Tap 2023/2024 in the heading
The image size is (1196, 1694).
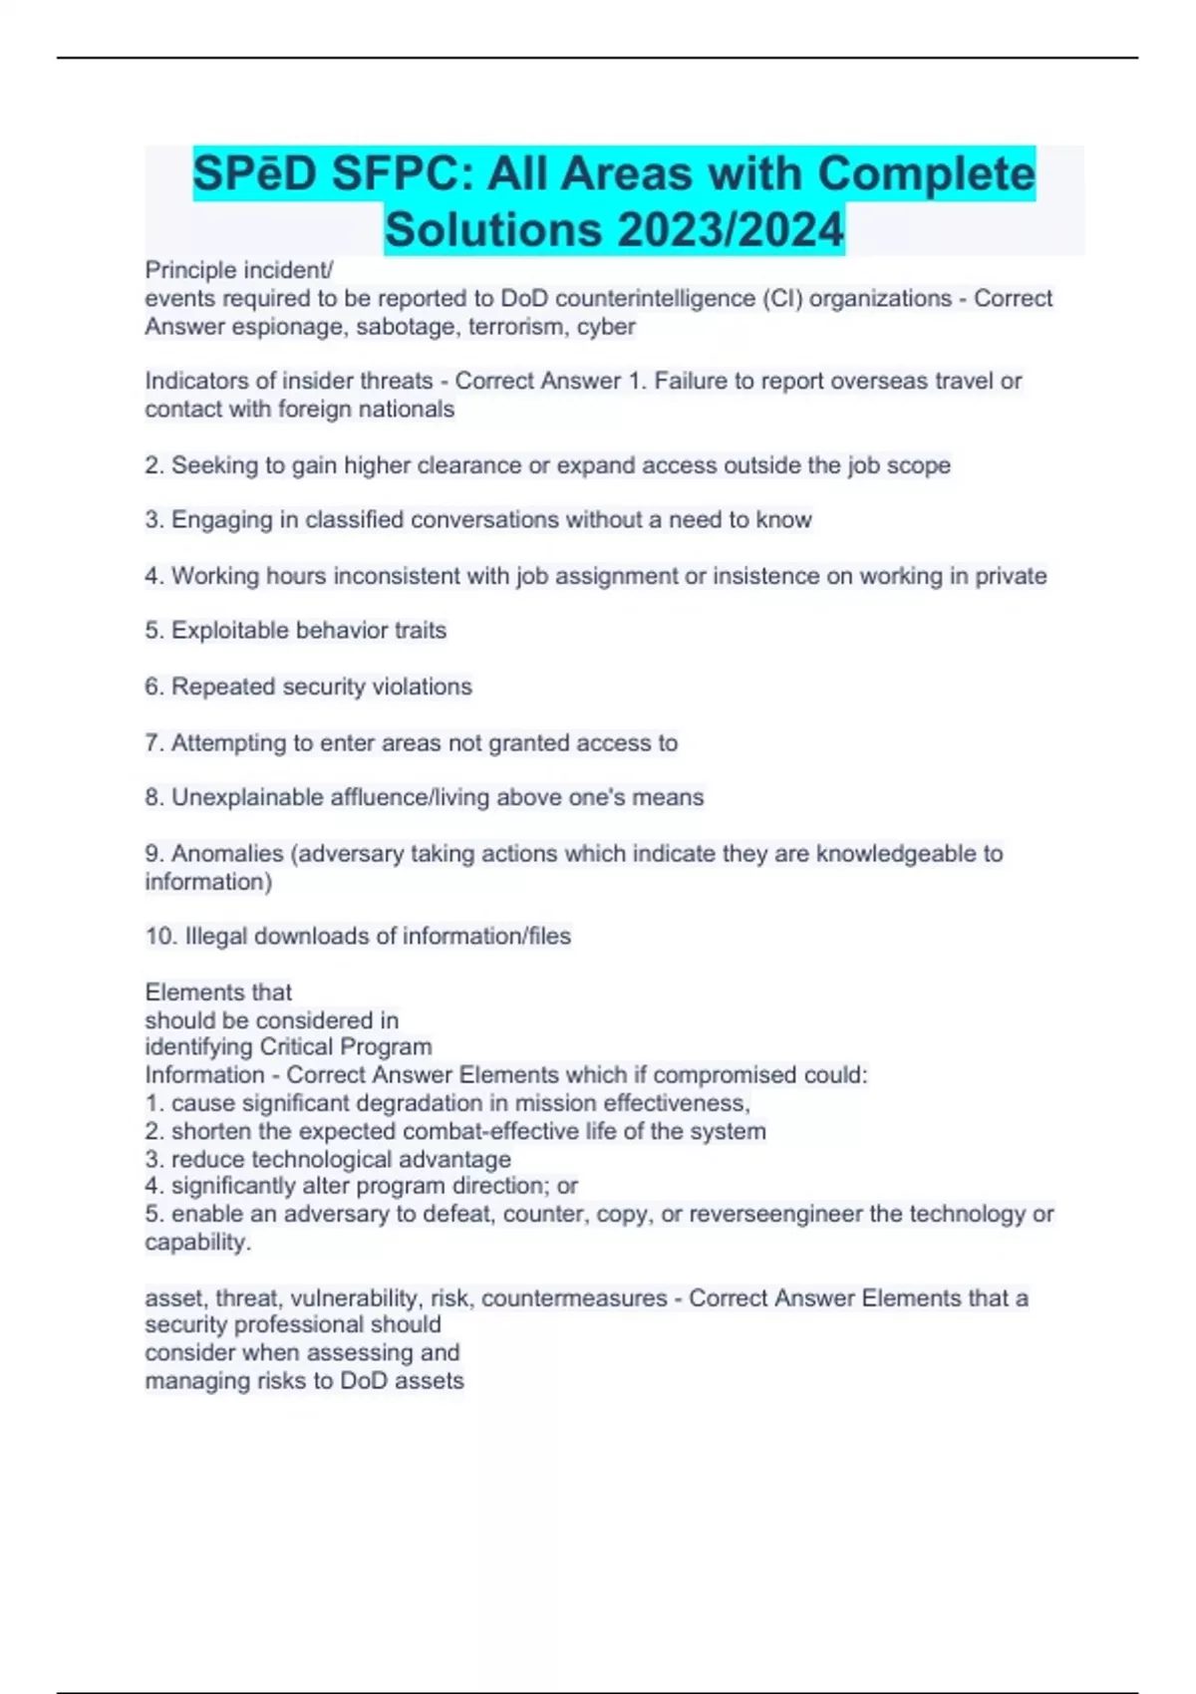point(730,229)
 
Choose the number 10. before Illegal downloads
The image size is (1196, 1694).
point(160,937)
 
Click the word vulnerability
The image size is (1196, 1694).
point(344,1298)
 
